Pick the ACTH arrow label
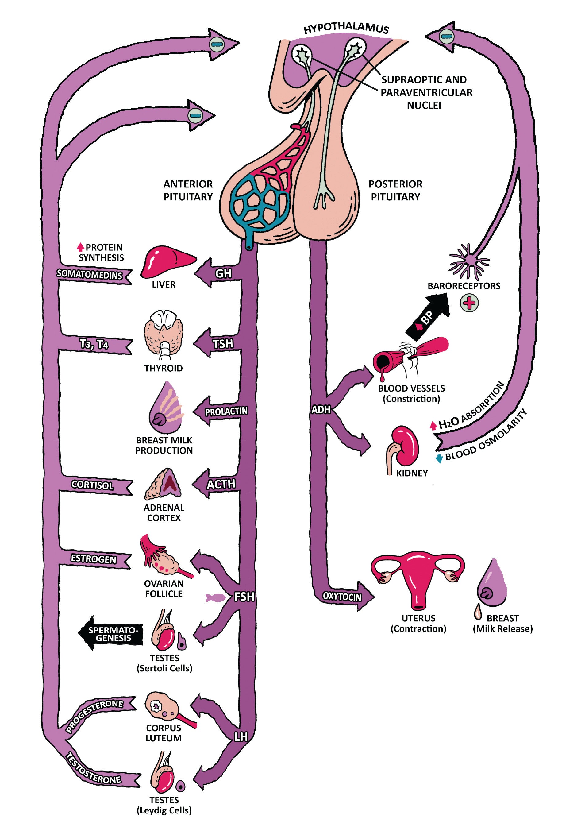[x=221, y=484]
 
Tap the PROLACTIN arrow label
[x=226, y=411]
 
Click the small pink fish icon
[x=215, y=598]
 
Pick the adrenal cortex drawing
[x=164, y=484]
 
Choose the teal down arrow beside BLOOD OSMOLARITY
[x=439, y=459]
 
